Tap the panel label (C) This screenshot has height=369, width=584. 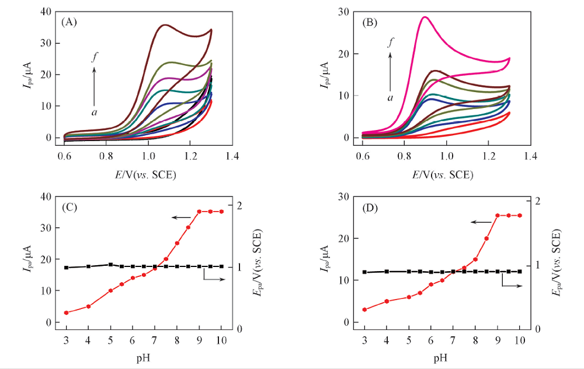pyautogui.click(x=69, y=207)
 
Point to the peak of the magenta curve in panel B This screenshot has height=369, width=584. pyautogui.click(x=425, y=17)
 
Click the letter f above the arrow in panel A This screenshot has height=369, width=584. pyautogui.click(x=93, y=57)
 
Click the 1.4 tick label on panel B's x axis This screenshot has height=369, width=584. pyautogui.click(x=530, y=157)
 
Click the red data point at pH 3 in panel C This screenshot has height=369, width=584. pyautogui.click(x=67, y=312)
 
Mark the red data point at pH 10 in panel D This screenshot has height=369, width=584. pyautogui.click(x=520, y=215)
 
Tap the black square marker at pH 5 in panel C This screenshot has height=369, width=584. pyautogui.click(x=111, y=265)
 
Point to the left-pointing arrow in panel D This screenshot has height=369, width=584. pyautogui.click(x=481, y=222)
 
